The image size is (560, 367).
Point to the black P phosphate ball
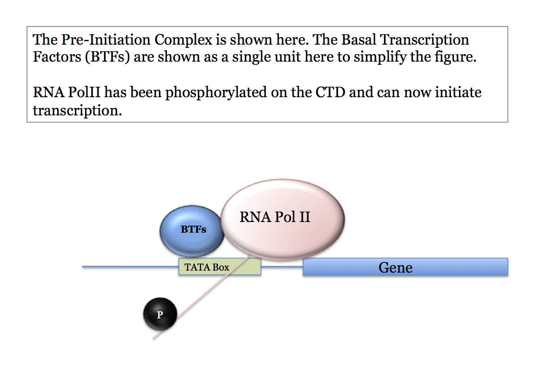coord(160,314)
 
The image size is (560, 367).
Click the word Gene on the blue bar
coord(395,267)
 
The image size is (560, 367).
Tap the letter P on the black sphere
coord(160,315)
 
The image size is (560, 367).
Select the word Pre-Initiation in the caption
coord(106,40)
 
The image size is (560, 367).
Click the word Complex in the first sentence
coord(183,40)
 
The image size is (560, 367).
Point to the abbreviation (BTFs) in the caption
coord(107,57)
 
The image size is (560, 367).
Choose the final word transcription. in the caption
coord(77,111)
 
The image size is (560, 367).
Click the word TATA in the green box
coord(197,267)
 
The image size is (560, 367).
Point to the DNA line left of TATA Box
coord(130,267)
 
